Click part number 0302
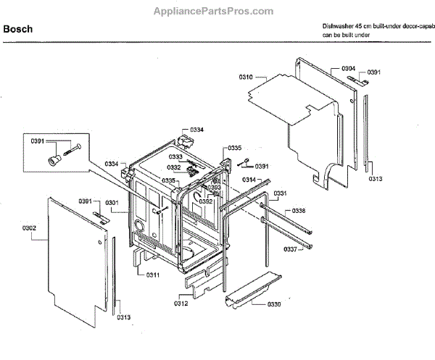coord(29,228)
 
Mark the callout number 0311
coord(152,275)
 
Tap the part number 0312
coord(181,304)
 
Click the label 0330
coord(273,304)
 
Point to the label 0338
coord(298,210)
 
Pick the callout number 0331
coord(280,193)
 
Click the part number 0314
coord(248,179)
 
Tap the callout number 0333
coord(176,156)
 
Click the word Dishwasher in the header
coord(339,25)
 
